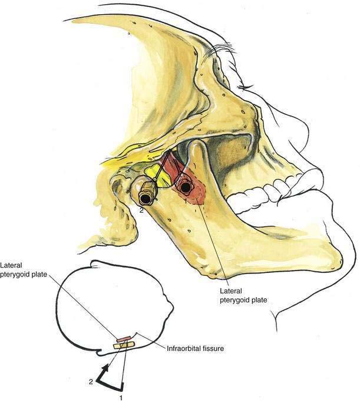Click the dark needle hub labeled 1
click(186, 188)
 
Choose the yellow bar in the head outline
click(124, 344)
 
